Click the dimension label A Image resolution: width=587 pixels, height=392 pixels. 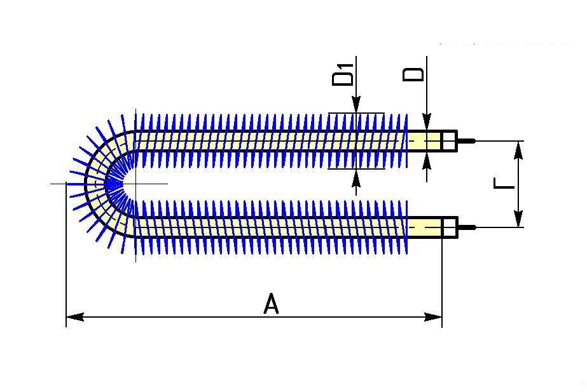point(271,304)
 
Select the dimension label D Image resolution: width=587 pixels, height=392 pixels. point(415,72)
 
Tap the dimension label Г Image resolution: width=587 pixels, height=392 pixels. point(504,184)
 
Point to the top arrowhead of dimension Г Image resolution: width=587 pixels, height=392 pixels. point(520,149)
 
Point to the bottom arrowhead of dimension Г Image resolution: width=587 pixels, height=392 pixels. point(520,219)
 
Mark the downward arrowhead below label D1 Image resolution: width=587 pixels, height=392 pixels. point(356,105)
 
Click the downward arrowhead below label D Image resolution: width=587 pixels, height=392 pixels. point(427,123)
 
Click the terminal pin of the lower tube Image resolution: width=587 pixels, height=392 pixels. point(466,227)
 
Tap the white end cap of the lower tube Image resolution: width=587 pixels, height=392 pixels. point(449,227)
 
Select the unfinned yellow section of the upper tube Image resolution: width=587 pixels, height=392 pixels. point(424,141)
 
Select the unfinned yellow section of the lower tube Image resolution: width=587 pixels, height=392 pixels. point(424,227)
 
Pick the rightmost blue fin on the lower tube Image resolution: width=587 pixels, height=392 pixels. point(404,227)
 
